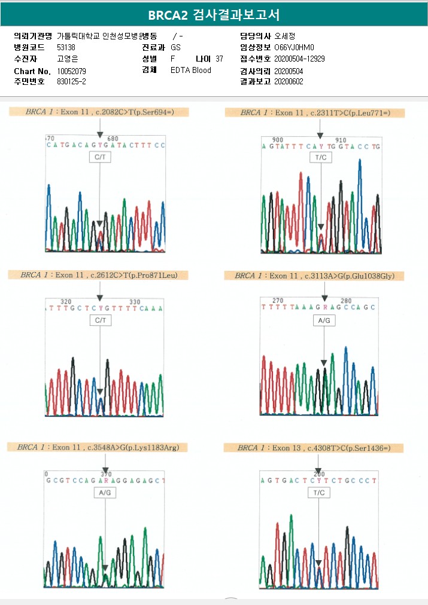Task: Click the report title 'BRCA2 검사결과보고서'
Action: (x=214, y=14)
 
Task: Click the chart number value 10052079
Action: (x=71, y=71)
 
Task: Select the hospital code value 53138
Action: (x=66, y=47)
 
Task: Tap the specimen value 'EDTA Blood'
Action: (x=190, y=71)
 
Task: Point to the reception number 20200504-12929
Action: (x=299, y=59)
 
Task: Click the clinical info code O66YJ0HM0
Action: (x=294, y=47)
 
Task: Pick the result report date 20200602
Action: (x=289, y=81)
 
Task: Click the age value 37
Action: (x=219, y=59)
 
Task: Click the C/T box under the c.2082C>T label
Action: (x=100, y=157)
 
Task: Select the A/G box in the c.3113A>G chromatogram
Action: (x=324, y=321)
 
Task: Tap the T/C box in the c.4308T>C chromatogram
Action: (x=319, y=493)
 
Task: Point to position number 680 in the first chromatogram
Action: (x=113, y=139)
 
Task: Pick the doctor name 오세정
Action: (x=285, y=36)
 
